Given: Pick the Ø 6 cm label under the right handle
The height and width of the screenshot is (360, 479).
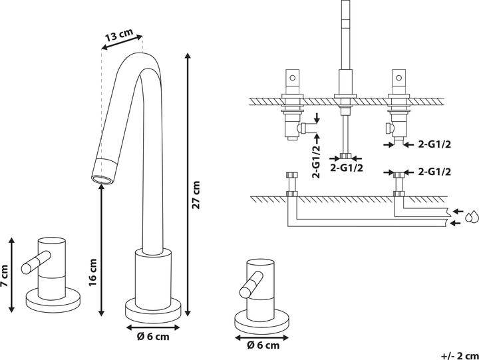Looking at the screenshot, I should point(263,345).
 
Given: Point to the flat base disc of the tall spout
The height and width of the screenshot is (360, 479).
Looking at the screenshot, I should point(153,309).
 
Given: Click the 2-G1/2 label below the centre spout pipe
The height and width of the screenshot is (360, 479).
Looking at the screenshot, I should point(347,168).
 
